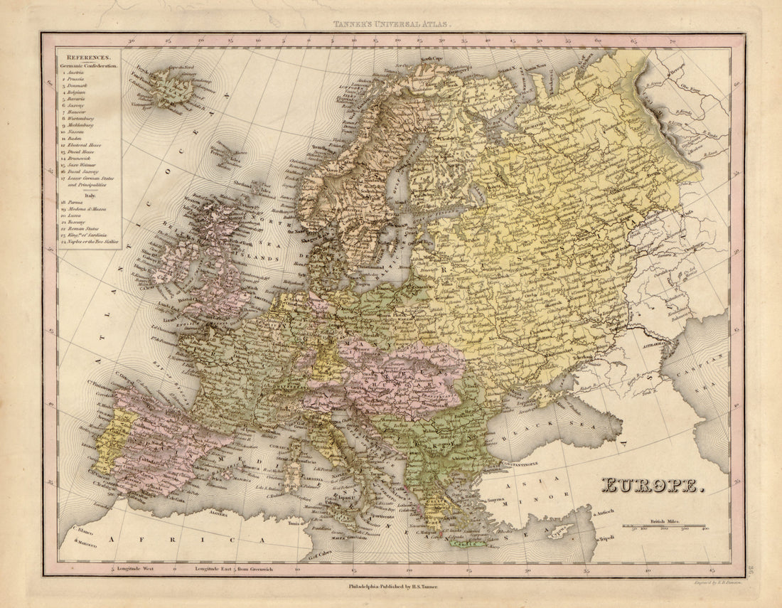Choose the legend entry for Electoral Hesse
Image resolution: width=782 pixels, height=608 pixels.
pyautogui.click(x=84, y=145)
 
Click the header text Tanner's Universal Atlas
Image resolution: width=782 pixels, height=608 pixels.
pyautogui.click(x=392, y=24)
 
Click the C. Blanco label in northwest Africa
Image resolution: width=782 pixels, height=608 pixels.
pyautogui.click(x=80, y=530)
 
